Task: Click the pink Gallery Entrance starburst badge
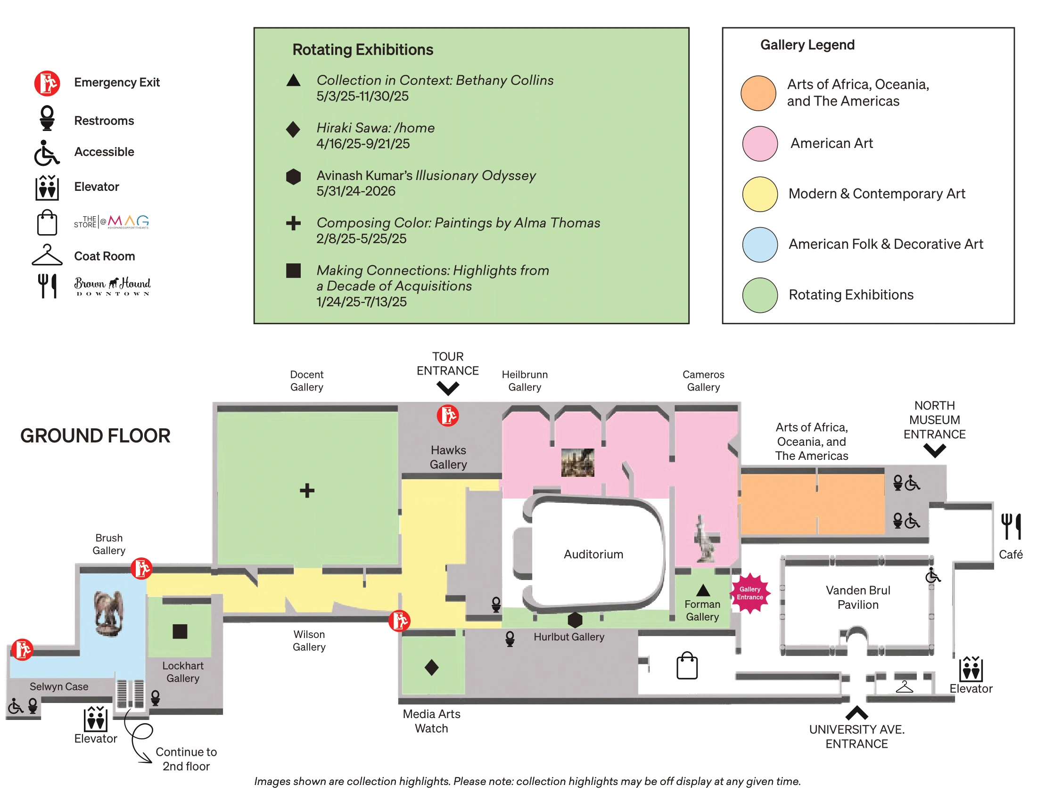click(x=750, y=593)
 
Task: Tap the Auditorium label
click(x=593, y=554)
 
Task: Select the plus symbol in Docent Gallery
click(x=307, y=490)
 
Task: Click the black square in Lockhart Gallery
click(x=180, y=631)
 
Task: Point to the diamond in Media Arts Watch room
click(x=432, y=667)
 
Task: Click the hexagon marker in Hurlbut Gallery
click(x=575, y=619)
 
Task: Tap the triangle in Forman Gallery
click(x=703, y=590)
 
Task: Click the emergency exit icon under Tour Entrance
click(x=447, y=416)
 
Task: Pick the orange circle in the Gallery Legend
click(x=758, y=93)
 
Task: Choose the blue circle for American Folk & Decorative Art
click(x=760, y=245)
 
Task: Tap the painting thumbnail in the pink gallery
click(x=577, y=462)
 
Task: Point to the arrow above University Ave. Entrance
click(x=856, y=712)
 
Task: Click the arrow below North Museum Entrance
click(x=934, y=450)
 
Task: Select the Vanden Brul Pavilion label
click(x=857, y=597)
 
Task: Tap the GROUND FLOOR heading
click(x=95, y=436)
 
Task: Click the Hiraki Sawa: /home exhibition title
click(x=375, y=128)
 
